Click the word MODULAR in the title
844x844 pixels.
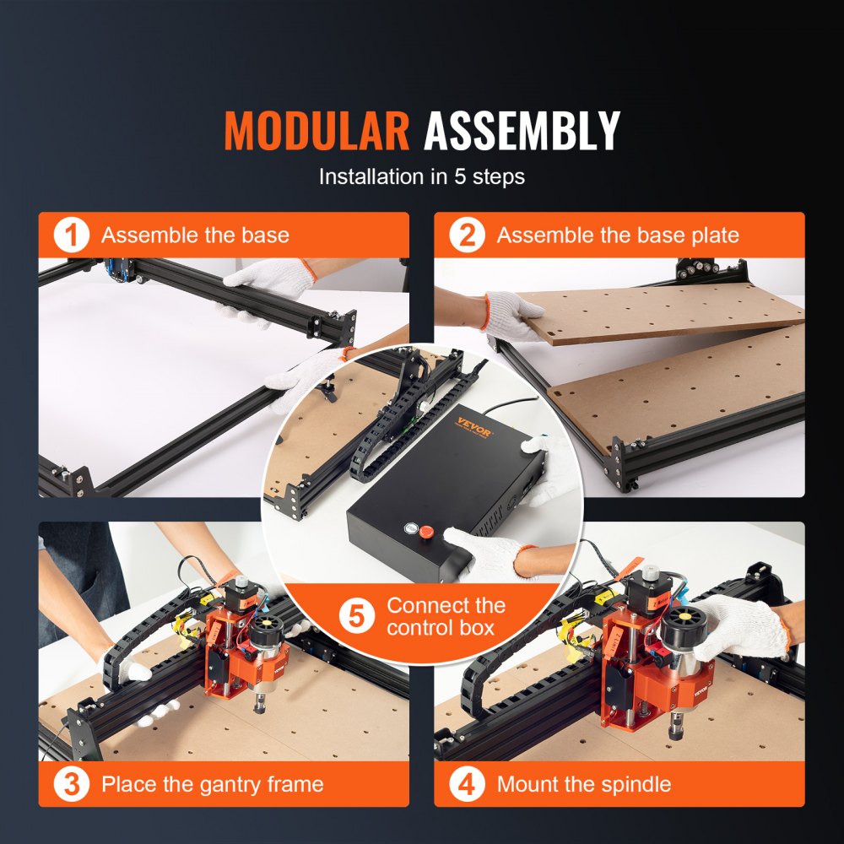pyautogui.click(x=316, y=131)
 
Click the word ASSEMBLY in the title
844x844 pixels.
pyautogui.click(x=522, y=131)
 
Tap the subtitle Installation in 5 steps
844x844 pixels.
pyautogui.click(x=421, y=177)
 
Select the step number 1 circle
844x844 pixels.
pyautogui.click(x=72, y=235)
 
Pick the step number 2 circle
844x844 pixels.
pyautogui.click(x=467, y=235)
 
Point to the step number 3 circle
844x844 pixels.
pyautogui.click(x=72, y=784)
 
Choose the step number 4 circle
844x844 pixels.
pyautogui.click(x=467, y=784)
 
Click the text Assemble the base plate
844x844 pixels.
pyautogui.click(x=618, y=235)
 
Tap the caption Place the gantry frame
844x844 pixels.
pyautogui.click(x=213, y=784)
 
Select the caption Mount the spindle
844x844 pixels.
pyautogui.click(x=584, y=784)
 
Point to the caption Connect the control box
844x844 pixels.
pyautogui.click(x=446, y=617)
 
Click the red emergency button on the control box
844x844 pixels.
pyautogui.click(x=425, y=533)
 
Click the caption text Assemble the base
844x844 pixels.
pyautogui.click(x=195, y=235)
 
